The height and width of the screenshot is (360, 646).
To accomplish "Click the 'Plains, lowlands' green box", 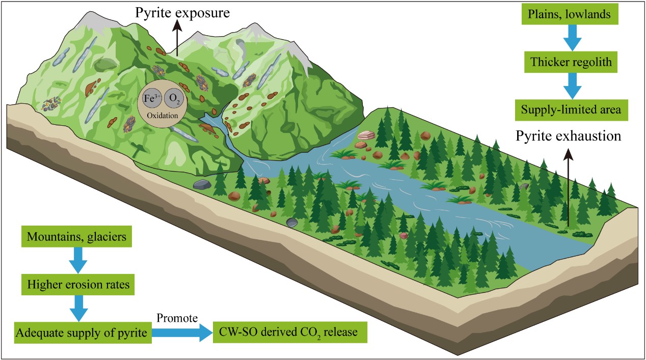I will (574, 15).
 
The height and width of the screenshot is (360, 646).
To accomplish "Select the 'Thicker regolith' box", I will (574, 63).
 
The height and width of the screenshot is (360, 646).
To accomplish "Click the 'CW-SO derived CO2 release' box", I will (289, 333).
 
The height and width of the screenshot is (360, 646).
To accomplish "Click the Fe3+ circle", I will (149, 99).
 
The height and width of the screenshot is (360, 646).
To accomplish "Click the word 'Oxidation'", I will (162, 116).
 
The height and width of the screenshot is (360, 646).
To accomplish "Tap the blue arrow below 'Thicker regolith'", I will (574, 86).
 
